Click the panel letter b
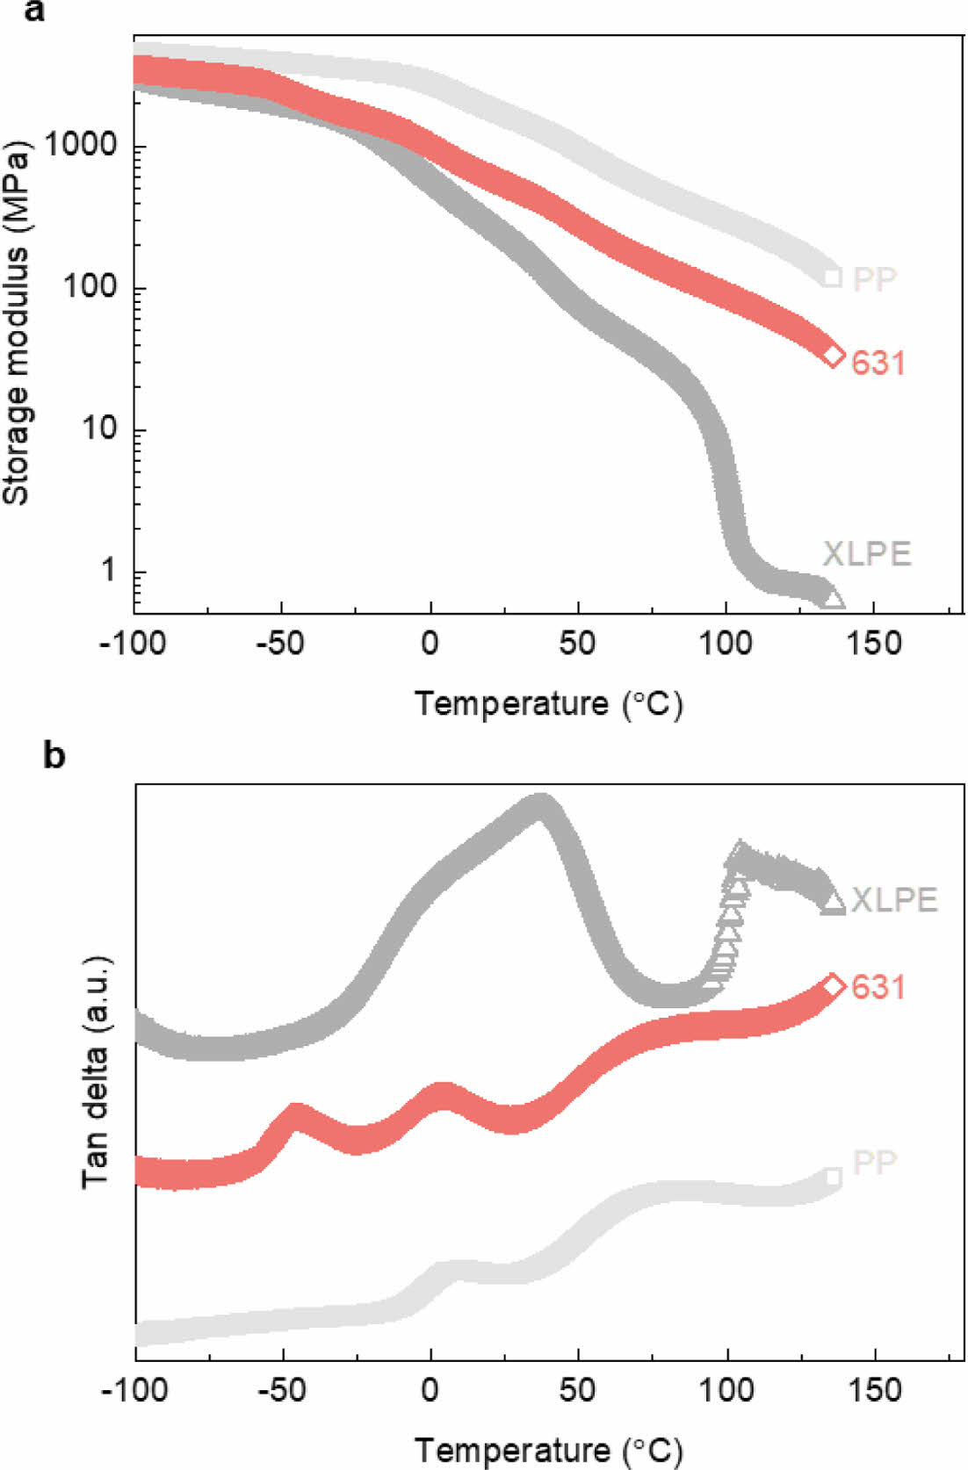[x=54, y=754]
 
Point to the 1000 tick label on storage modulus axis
[x=81, y=145]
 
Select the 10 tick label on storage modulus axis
[x=98, y=429]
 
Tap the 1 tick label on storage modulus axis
[x=108, y=571]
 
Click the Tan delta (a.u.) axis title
[x=96, y=1070]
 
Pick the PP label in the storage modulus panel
[x=875, y=279]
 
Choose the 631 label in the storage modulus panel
[x=878, y=363]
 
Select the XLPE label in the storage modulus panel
[x=866, y=554]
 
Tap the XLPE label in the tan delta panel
[x=894, y=900]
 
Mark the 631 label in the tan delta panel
[x=878, y=987]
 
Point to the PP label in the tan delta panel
[x=875, y=1162]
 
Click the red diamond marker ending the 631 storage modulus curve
[x=833, y=356]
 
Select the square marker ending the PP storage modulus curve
[x=833, y=278]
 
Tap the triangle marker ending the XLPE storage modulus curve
[x=833, y=599]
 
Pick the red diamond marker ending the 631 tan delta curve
[x=833, y=986]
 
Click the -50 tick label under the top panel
[x=281, y=644]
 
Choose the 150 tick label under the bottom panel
[x=875, y=1390]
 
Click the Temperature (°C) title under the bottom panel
[x=548, y=1450]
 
